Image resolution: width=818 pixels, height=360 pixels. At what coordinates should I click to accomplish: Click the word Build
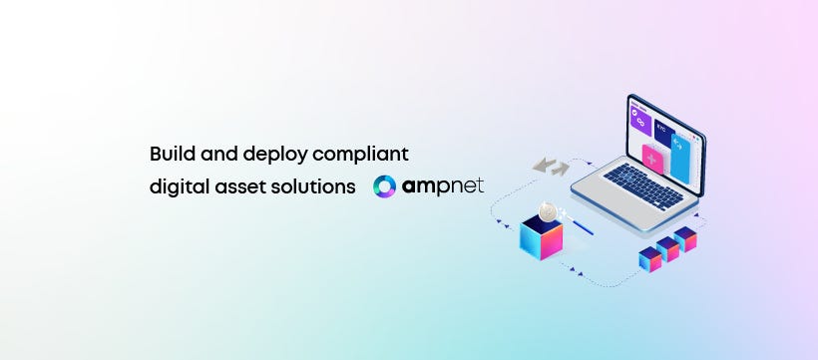point(169,155)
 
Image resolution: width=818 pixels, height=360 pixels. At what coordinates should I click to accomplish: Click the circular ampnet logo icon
point(385,186)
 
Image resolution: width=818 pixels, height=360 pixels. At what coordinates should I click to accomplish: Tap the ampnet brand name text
point(443,186)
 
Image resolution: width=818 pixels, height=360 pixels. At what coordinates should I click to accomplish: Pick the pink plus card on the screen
point(653,160)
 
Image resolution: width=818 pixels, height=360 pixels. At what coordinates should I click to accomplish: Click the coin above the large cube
point(548,210)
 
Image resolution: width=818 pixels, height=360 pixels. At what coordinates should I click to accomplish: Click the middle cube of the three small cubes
point(667,249)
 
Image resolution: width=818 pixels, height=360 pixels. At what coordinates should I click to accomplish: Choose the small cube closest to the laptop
point(685,238)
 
